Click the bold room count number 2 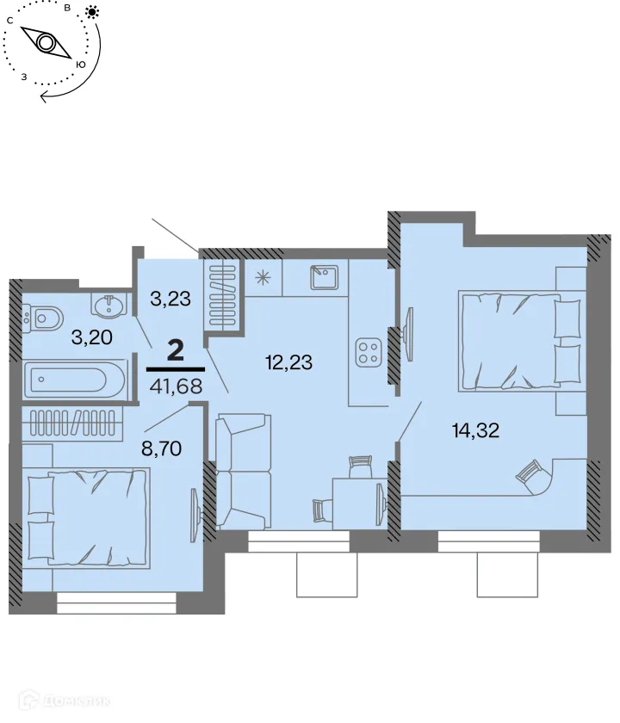tap(176, 350)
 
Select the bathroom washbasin tap(109, 306)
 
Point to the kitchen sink tap(326, 277)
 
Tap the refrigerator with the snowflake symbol tap(263, 277)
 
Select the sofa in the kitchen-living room tap(240, 471)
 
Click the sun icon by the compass tap(91, 12)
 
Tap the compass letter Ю tap(80, 65)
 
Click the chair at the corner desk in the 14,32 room tap(527, 472)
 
